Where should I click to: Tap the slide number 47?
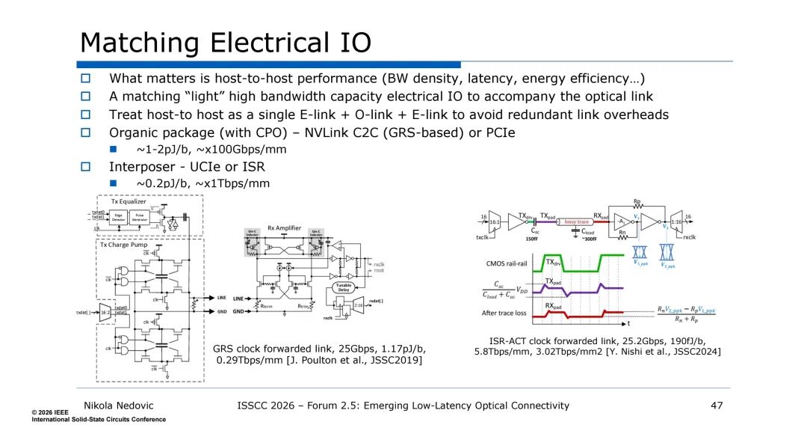717,406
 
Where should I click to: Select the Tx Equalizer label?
129,201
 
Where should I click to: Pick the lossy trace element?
577,221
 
